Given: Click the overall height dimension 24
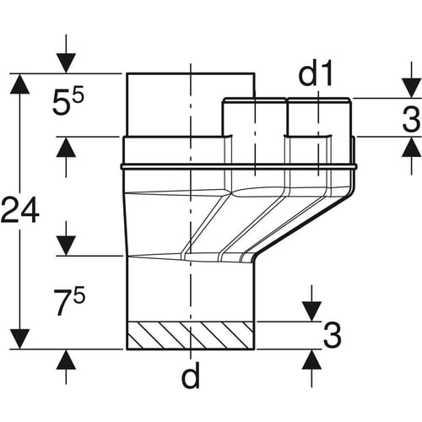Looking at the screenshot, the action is [x=19, y=210].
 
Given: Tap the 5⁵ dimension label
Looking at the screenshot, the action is [x=68, y=102].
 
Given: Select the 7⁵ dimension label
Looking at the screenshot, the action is [x=69, y=302].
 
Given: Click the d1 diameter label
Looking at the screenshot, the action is [x=316, y=74].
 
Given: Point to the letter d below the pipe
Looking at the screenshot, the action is [x=191, y=375].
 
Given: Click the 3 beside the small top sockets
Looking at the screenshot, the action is [x=411, y=119].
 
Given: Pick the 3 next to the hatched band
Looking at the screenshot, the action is [x=333, y=335].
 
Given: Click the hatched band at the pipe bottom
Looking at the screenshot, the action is [x=190, y=335].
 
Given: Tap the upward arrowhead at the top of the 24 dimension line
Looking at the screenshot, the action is [x=19, y=84].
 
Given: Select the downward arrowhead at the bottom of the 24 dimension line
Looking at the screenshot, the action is [x=19, y=339].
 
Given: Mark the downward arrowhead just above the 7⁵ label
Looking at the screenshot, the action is [x=66, y=246].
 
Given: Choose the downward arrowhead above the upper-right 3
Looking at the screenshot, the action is [x=412, y=89].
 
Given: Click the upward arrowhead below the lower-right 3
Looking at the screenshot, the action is [x=311, y=360].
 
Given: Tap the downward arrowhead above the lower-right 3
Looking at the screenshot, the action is [x=311, y=311].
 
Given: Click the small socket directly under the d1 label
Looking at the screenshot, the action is [x=319, y=117].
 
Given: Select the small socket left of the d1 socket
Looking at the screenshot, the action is [x=254, y=117].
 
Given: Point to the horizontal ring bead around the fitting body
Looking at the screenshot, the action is [x=239, y=166].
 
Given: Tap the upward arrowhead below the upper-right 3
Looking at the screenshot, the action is [x=412, y=147].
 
